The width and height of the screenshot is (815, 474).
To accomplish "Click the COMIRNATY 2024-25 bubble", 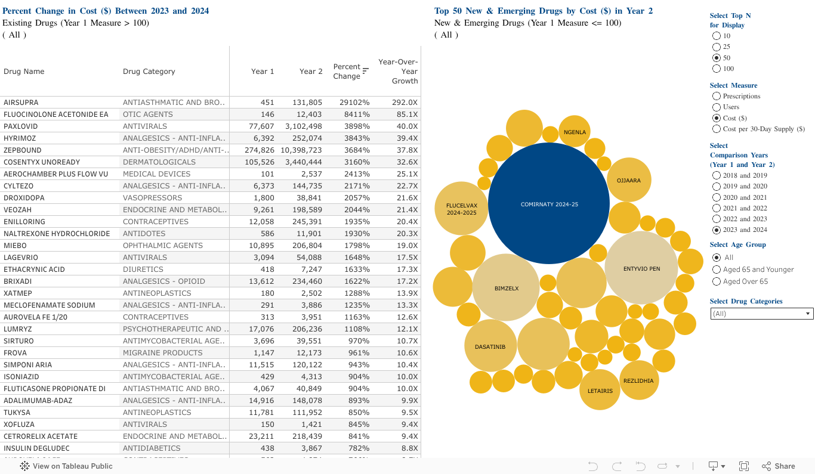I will [548, 203].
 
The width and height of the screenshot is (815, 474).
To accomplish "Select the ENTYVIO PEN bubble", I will [641, 268].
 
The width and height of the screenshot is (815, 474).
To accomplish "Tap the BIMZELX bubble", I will [506, 288].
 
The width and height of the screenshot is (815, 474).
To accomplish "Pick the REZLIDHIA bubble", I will [638, 380].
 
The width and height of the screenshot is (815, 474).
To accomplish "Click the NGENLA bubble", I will [575, 131].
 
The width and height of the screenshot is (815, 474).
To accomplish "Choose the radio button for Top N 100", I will [717, 69].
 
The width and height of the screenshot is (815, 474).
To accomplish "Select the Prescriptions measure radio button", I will [717, 96].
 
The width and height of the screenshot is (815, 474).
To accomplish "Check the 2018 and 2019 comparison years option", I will [717, 175].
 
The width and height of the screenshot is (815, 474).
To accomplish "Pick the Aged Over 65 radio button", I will [717, 281].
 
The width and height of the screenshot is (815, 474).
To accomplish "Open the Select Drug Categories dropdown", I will [761, 314].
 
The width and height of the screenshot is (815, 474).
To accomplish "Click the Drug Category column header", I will [149, 72].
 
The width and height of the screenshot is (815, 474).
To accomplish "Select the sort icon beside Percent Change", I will [366, 72].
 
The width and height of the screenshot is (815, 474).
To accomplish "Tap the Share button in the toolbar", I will [779, 466].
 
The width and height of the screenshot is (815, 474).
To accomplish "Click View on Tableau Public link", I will [66, 466].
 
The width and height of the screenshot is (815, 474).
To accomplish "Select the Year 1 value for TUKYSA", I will [261, 413].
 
